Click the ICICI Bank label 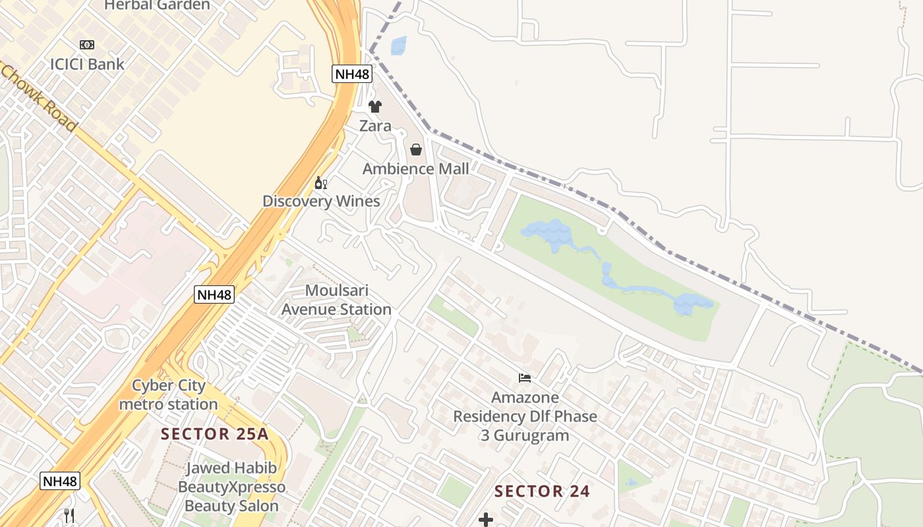[87, 64]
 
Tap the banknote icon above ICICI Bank [87, 45]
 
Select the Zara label [375, 126]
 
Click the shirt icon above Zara [375, 107]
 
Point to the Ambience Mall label [416, 169]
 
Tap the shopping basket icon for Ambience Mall [416, 150]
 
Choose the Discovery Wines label [321, 201]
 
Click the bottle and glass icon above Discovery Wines [321, 182]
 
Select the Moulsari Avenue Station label [336, 300]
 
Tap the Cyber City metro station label [169, 395]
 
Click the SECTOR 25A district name [216, 434]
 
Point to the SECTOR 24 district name [542, 491]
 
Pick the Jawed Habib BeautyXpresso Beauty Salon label [231, 487]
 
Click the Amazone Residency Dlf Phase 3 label [525, 416]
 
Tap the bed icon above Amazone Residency [525, 378]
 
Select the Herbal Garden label [157, 5]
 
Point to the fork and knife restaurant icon [69, 515]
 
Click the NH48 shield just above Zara [352, 74]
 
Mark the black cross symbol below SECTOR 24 [486, 520]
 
